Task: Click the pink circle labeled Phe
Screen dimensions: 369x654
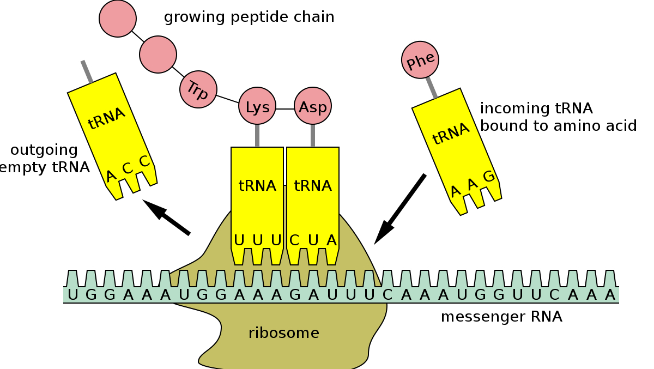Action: click(x=420, y=61)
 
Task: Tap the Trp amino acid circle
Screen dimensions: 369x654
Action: click(x=198, y=89)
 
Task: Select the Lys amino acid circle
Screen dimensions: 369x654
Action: click(x=257, y=106)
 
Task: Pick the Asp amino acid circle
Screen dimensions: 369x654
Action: click(x=313, y=106)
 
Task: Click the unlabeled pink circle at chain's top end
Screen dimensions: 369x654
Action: click(x=117, y=18)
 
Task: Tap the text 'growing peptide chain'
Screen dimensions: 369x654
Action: click(x=249, y=17)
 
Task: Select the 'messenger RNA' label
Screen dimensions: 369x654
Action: click(x=501, y=317)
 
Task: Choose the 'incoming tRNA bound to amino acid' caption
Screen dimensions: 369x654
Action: click(x=558, y=117)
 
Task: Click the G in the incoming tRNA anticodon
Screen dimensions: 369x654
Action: click(x=488, y=176)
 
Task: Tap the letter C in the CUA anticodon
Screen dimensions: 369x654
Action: click(x=294, y=240)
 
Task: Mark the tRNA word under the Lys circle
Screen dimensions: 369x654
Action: click(x=257, y=186)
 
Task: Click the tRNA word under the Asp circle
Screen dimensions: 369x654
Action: click(x=313, y=186)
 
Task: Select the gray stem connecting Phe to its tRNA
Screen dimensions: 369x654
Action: click(x=432, y=86)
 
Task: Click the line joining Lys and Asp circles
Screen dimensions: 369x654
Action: click(x=285, y=109)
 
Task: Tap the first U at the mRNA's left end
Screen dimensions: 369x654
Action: click(x=74, y=295)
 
